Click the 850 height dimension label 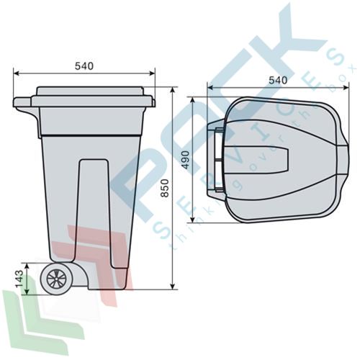[x=165, y=188]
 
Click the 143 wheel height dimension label [x=19, y=279]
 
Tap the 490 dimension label [x=186, y=160]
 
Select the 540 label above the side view [x=84, y=66]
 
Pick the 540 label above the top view [x=278, y=80]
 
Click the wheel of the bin [x=56, y=279]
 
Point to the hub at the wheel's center [x=56, y=279]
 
